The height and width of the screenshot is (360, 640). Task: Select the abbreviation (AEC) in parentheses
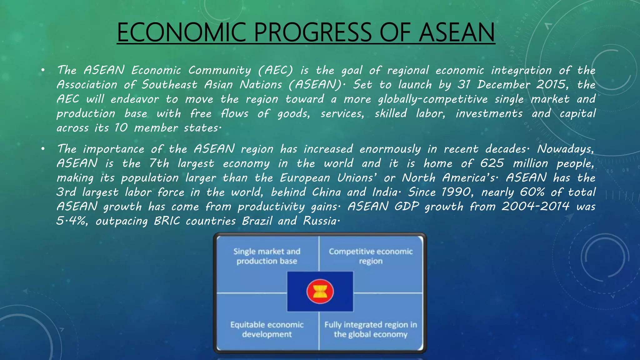[275, 70]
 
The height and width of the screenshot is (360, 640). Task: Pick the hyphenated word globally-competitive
[432, 99]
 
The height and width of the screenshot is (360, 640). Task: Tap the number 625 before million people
[492, 163]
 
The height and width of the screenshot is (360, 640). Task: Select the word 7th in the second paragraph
[159, 163]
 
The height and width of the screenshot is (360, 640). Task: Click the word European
[305, 178]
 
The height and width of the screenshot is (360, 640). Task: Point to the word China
[326, 192]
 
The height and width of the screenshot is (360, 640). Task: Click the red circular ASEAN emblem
[320, 292]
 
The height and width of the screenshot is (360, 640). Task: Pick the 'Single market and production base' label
[267, 256]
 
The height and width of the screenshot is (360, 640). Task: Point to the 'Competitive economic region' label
[371, 256]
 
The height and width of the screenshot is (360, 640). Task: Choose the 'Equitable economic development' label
[267, 329]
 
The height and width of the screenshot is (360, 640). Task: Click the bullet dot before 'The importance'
[43, 149]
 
